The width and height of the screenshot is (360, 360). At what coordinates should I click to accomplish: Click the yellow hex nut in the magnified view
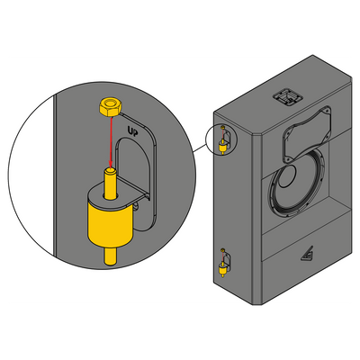coord(110,107)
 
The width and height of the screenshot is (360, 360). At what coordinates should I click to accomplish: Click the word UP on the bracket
coord(132,130)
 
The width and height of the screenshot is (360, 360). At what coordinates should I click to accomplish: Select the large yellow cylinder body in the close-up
coord(111,224)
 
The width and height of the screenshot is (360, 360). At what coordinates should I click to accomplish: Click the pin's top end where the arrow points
coord(111,171)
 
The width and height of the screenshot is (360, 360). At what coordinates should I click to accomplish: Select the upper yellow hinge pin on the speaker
coord(222,146)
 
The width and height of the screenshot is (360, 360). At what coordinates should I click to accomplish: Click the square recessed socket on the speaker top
coord(287,96)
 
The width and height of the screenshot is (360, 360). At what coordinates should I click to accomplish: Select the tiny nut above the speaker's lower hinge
coord(222,250)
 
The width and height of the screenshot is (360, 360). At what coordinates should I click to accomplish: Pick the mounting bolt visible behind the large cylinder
coord(137,206)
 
